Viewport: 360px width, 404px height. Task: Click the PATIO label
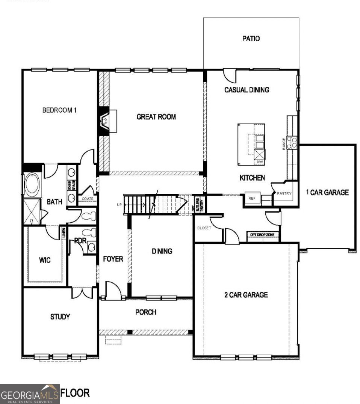(x=251, y=39)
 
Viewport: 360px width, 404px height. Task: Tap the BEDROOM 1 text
(x=59, y=110)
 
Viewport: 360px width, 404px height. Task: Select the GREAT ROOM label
(x=156, y=117)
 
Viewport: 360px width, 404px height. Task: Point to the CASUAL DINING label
(x=247, y=90)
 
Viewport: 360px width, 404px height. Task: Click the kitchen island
(x=251, y=144)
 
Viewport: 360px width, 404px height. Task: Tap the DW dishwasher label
(x=259, y=162)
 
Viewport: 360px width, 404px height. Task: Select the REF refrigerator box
(x=251, y=198)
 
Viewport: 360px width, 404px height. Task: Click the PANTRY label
(x=284, y=194)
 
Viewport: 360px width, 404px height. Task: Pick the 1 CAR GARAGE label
(x=327, y=193)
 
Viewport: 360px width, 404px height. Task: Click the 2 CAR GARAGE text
(x=246, y=295)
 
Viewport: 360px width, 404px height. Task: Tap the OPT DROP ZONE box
(x=263, y=235)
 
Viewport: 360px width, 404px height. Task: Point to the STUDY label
(x=60, y=317)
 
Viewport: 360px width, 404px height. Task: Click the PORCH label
(x=146, y=312)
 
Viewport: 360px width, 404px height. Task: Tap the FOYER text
(x=113, y=259)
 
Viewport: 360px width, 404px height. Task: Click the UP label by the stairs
(x=119, y=205)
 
